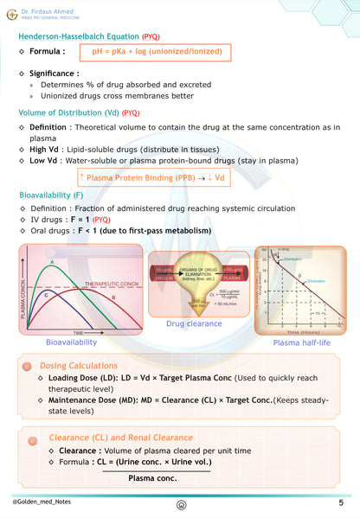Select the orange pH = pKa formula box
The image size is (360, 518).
[157, 53]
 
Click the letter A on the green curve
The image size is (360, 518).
[53, 262]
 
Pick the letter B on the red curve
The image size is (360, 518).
[113, 297]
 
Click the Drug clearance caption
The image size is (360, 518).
[195, 323]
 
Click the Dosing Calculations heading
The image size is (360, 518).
[82, 366]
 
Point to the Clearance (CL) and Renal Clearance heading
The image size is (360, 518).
[122, 438]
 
